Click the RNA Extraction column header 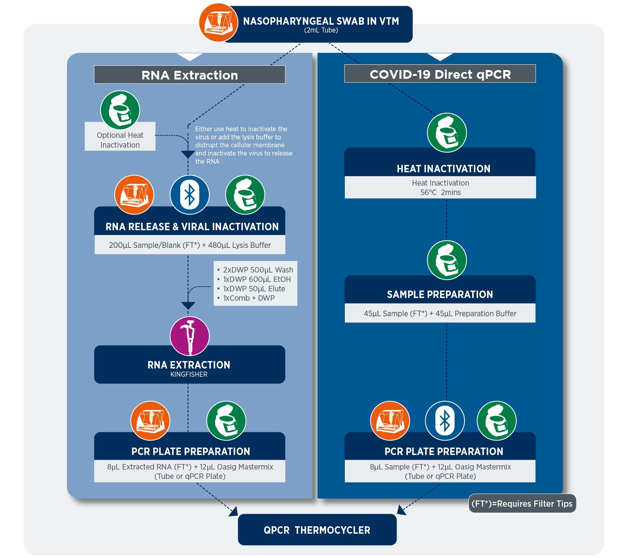click(190, 74)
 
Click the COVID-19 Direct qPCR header click(440, 74)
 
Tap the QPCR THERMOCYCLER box click(317, 530)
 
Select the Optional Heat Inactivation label click(120, 140)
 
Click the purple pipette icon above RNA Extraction click(190, 336)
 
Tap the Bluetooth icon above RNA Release click(190, 195)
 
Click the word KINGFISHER click(189, 374)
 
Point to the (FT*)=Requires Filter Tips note click(522, 504)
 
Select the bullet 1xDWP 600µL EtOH click(254, 279)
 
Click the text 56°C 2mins click(440, 192)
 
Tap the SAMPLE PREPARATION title click(440, 294)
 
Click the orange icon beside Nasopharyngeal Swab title click(218, 22)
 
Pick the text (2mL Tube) click(321, 30)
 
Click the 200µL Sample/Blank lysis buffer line click(190, 245)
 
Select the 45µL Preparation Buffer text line click(440, 313)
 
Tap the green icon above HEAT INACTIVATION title click(447, 133)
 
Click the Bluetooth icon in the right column click(445, 421)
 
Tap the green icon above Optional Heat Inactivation click(120, 110)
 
